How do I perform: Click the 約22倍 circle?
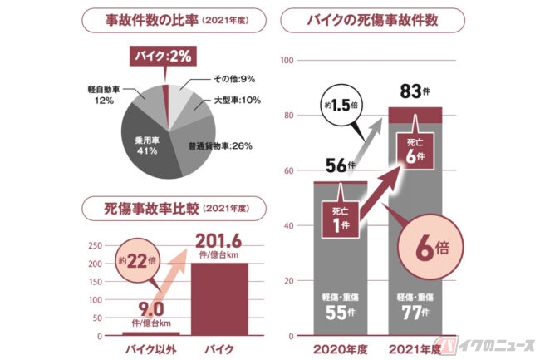[137, 261]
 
